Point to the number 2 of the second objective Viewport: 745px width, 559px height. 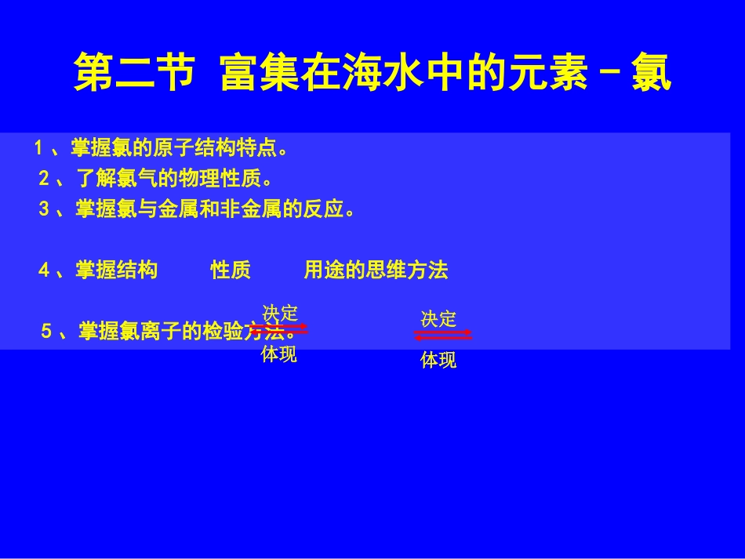[x=44, y=179]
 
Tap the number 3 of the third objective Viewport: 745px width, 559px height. [x=44, y=210]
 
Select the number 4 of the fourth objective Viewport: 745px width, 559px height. [x=44, y=271]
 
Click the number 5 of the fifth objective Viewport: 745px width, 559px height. [x=46, y=332]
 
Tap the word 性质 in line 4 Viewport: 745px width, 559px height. [x=231, y=271]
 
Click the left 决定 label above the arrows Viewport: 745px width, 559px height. [x=280, y=312]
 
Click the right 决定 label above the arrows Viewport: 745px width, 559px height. [x=438, y=318]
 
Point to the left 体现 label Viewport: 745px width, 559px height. [x=279, y=355]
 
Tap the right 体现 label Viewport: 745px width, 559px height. [x=438, y=361]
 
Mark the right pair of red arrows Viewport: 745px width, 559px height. [x=443, y=335]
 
